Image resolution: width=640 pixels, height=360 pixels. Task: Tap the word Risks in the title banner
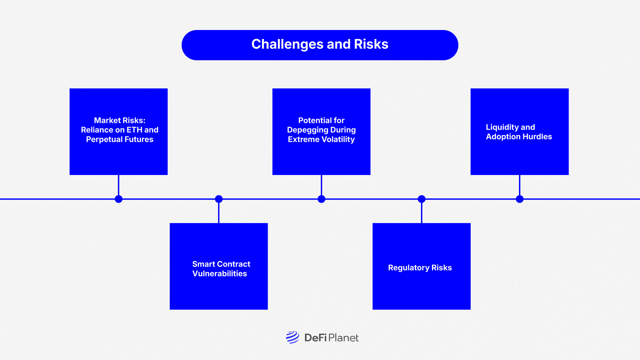(x=371, y=44)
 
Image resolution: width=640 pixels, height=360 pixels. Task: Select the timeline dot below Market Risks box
(x=119, y=199)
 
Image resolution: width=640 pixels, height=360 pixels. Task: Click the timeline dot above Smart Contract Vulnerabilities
(x=219, y=199)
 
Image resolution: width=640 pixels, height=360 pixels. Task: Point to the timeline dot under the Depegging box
(x=321, y=199)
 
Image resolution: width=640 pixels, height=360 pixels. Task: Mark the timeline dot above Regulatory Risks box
(x=422, y=199)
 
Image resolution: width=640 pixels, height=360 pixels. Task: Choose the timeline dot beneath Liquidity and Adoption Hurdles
(x=520, y=199)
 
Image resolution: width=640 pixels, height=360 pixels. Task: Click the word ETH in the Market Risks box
(x=134, y=130)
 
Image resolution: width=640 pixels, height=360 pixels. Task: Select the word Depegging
(x=308, y=130)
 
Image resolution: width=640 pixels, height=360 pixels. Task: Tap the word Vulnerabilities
(x=220, y=274)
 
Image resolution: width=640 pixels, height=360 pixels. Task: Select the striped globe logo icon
(x=293, y=337)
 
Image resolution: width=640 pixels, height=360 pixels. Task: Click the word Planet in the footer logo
(x=343, y=338)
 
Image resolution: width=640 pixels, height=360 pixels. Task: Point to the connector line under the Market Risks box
(x=119, y=185)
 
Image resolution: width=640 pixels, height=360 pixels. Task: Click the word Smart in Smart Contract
(x=204, y=264)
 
